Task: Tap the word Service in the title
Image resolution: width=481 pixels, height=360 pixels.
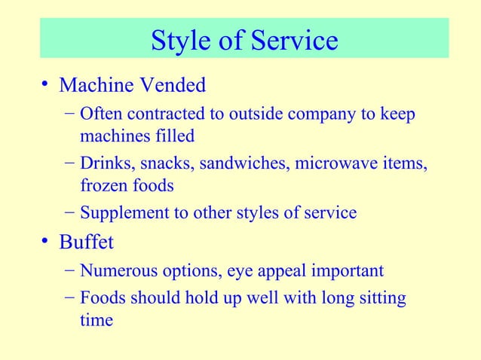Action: (x=294, y=41)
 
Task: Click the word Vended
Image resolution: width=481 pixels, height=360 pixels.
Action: (x=173, y=86)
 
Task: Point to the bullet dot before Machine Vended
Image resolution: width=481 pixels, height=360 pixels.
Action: (x=46, y=86)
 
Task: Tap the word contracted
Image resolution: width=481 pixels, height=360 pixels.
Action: (x=164, y=115)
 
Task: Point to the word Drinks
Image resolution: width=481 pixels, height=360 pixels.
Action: (x=105, y=164)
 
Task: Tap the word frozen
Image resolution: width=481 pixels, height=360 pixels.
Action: (x=101, y=185)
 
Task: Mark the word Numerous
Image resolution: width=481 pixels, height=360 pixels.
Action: (x=115, y=270)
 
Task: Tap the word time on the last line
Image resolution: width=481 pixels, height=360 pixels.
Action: (x=97, y=320)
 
